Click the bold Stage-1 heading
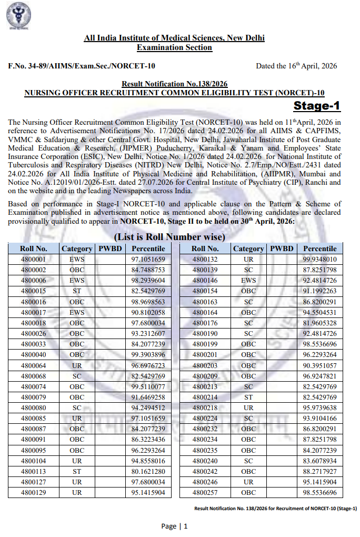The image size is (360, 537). tap(316, 106)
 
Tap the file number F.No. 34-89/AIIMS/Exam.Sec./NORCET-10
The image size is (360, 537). tap(82, 66)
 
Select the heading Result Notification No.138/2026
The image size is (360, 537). tap(174, 84)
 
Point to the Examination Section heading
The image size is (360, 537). tap(174, 47)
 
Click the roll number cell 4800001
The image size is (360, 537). tap(33, 260)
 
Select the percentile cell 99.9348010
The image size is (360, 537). tap(319, 260)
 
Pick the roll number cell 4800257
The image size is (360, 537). tap(205, 492)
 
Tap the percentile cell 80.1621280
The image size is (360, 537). tap(148, 472)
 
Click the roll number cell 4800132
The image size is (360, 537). tap(205, 260)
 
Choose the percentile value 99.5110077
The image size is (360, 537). tap(148, 386)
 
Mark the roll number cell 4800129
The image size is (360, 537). tap(33, 492)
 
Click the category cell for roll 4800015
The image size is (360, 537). tap(77, 291)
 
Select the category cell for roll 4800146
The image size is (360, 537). tap(248, 281)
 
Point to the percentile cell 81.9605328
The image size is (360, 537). tap(319, 323)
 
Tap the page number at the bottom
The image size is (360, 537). tap(174, 526)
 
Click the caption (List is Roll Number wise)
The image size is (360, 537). tap(169, 237)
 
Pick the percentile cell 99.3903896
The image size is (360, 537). tap(148, 355)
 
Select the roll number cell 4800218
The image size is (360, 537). tap(205, 407)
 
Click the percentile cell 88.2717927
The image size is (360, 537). tap(319, 472)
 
